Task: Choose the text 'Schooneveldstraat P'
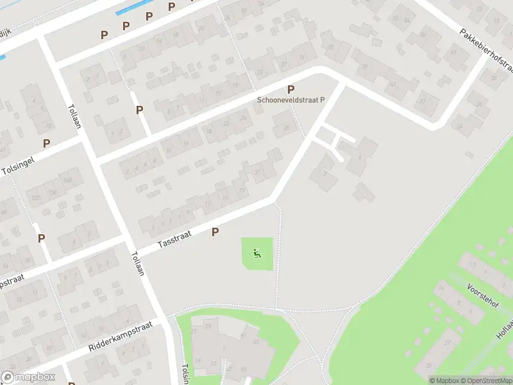[291, 100]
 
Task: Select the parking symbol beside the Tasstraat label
[215, 232]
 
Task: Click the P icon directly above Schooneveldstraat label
[291, 90]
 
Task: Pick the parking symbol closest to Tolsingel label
[46, 143]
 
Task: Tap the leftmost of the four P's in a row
[103, 35]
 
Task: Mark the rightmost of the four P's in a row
[172, 6]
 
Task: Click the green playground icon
[257, 253]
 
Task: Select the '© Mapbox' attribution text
[444, 381]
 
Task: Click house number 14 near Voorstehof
[441, 286]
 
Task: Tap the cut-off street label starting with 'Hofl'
[503, 334]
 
